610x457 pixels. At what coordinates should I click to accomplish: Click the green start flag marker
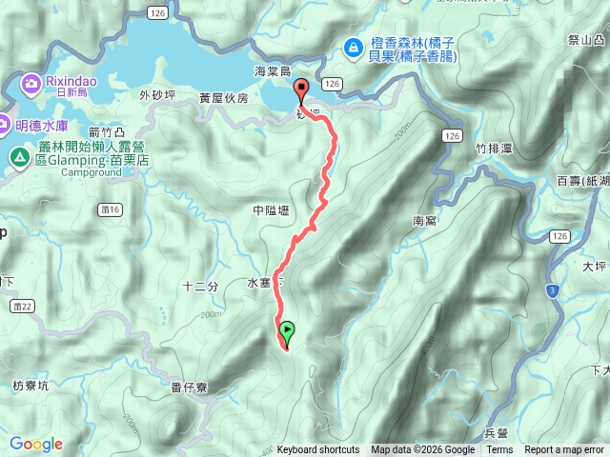point(287,331)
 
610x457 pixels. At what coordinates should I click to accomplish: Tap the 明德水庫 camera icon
point(7,123)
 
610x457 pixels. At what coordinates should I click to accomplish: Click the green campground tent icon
point(18,156)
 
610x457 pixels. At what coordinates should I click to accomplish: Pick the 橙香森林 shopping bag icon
point(353,45)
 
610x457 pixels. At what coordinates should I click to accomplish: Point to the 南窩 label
point(424,221)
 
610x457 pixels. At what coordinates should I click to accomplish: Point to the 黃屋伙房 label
point(223,98)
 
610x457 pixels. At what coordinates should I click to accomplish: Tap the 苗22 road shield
point(25,306)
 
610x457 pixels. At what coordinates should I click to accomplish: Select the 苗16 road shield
point(110,209)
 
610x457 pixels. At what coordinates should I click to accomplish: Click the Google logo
point(35,444)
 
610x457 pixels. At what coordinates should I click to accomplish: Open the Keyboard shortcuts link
point(318,450)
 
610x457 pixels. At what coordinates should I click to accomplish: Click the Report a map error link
point(564,450)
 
